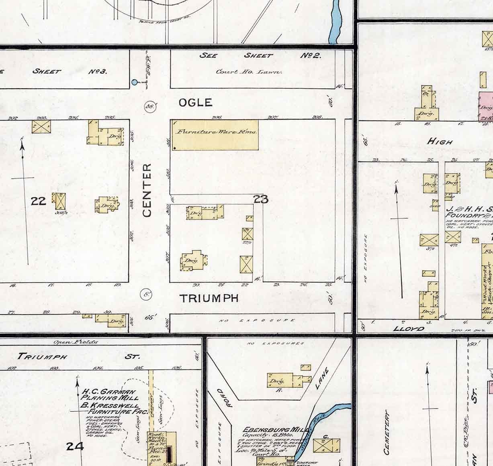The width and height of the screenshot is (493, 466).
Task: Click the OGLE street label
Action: [x=195, y=103]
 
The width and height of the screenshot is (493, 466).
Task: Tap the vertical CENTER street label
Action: [x=147, y=190]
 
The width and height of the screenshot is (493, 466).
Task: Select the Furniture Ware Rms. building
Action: [x=215, y=135]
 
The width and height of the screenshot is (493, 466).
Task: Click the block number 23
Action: [x=261, y=199]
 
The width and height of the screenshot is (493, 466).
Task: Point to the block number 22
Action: [x=39, y=200]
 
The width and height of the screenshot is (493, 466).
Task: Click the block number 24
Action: [x=75, y=446]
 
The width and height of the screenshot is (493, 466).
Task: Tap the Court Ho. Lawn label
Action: [x=249, y=72]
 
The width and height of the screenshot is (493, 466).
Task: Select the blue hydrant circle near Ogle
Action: [x=135, y=83]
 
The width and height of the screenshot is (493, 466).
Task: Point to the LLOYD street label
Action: [x=409, y=329]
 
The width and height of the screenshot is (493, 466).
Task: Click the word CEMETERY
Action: [x=387, y=432]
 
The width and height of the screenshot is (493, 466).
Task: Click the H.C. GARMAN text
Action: [x=108, y=392]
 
